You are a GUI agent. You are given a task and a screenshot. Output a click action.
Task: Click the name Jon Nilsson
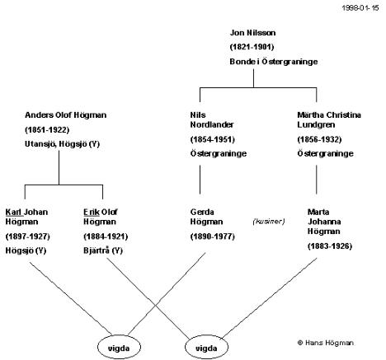coord(252,33)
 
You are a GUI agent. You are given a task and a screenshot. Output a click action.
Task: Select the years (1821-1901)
coord(252,47)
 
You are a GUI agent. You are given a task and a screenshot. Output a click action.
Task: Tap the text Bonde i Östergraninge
coord(274,62)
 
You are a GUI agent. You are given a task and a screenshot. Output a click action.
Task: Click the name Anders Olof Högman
coord(66,115)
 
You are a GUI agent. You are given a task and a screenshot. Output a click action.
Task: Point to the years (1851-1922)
coord(47,129)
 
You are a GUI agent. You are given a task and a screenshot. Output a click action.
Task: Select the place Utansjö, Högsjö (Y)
coord(62,144)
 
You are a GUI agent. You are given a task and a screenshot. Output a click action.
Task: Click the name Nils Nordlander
coord(212,119)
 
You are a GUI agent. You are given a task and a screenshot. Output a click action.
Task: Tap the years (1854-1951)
coord(213,139)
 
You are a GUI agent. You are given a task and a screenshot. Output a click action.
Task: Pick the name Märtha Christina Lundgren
coord(329,119)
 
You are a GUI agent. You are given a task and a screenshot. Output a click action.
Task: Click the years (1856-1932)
coord(319,139)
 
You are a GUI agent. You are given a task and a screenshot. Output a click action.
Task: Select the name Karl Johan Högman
coord(26,217)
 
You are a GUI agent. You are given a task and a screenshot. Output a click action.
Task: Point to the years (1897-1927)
coord(28,236)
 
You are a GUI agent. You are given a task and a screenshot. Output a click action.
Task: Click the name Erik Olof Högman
coord(101,217)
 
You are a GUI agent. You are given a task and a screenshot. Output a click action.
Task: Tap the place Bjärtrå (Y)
coord(103,250)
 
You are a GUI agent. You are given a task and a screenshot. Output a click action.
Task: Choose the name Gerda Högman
coord(206,217)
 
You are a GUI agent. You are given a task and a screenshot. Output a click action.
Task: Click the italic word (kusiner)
coord(269,222)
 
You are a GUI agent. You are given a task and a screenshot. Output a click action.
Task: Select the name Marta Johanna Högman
coord(324,222)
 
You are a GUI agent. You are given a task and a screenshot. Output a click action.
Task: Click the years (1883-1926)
coord(330,245)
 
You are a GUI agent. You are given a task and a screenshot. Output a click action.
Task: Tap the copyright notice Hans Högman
coord(326,343)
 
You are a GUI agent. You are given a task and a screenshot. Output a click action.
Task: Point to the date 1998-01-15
coord(360,7)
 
